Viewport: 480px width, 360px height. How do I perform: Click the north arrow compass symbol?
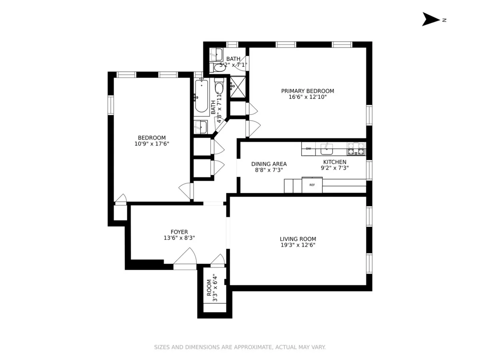pos(431,19)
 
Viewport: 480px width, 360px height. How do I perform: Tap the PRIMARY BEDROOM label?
pos(307,91)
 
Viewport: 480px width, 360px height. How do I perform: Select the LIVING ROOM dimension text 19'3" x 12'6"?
pos(298,245)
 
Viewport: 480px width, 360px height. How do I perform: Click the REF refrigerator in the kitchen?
pos(312,185)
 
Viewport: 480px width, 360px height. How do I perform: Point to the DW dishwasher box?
pos(308,149)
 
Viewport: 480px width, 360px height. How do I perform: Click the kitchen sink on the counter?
pos(327,149)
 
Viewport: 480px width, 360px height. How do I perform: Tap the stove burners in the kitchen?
pos(356,149)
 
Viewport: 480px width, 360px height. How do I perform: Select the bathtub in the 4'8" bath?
pos(201,96)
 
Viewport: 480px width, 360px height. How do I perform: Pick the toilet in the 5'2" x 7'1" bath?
pos(218,67)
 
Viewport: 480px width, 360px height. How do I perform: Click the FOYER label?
pos(179,232)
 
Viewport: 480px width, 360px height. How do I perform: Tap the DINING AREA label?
pos(269,164)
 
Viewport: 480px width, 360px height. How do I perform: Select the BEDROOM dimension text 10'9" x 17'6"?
pos(152,144)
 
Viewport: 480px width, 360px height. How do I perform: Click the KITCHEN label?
pos(334,162)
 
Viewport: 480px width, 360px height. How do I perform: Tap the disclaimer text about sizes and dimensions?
pos(240,347)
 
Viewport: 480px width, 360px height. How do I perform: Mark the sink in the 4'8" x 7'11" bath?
pos(200,127)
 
